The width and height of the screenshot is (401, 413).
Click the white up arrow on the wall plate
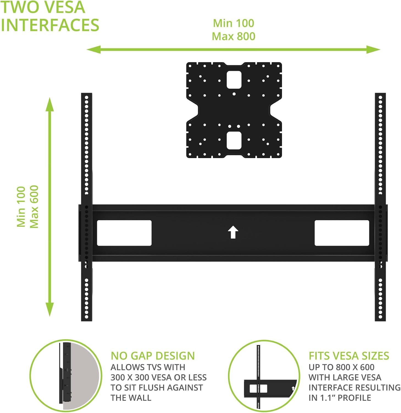pyautogui.click(x=233, y=232)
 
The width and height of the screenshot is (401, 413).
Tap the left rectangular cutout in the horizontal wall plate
pyautogui.click(x=124, y=233)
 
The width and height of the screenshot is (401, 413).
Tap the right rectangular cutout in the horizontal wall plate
pyautogui.click(x=342, y=233)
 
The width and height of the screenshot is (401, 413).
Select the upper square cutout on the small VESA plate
pyautogui.click(x=234, y=80)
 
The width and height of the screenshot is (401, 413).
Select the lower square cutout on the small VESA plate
pyautogui.click(x=234, y=140)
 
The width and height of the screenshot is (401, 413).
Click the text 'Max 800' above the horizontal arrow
pyautogui.click(x=234, y=36)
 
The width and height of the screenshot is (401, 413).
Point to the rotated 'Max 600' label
pyautogui.click(x=34, y=207)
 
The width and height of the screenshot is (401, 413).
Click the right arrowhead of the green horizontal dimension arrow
pyautogui.click(x=374, y=50)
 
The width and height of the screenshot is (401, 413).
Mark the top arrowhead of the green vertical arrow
pyautogui.click(x=50, y=104)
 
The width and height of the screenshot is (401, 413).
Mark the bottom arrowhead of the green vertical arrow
pyautogui.click(x=50, y=309)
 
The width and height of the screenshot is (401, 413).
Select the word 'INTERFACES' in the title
pyautogui.click(x=50, y=25)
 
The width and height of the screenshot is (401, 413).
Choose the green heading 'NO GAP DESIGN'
pyautogui.click(x=153, y=356)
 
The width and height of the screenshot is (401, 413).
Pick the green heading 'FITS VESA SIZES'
pyautogui.click(x=349, y=356)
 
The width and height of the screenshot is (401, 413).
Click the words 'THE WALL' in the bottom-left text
pyautogui.click(x=131, y=398)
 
